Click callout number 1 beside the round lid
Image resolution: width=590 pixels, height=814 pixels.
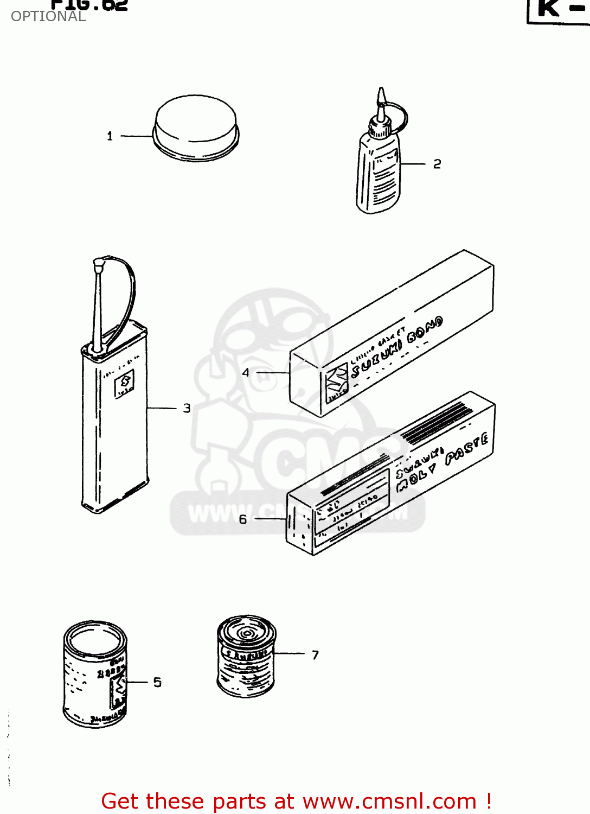(110, 136)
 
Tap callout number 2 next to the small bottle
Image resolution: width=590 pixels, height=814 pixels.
(437, 164)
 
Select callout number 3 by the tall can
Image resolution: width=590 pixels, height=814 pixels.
(187, 408)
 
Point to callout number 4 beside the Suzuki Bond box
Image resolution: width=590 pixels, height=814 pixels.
(246, 373)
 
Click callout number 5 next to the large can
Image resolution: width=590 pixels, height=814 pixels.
(157, 682)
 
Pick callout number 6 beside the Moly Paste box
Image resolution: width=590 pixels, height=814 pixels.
(243, 519)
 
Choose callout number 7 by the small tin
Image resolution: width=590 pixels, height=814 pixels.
(315, 655)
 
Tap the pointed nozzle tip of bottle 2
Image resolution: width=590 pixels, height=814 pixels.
(381, 96)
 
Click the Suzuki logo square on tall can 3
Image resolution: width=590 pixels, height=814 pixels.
(125, 383)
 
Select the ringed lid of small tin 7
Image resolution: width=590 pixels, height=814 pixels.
(246, 631)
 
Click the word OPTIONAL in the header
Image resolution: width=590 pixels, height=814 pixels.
(48, 17)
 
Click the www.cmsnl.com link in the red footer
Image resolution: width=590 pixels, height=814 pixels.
(389, 801)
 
